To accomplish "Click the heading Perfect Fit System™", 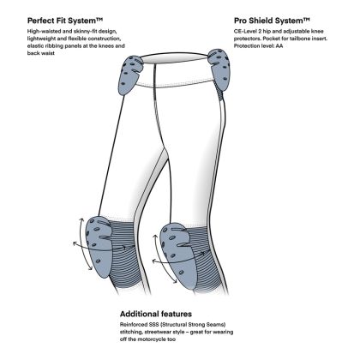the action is coord(65,21).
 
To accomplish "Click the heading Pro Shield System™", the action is coord(272,21).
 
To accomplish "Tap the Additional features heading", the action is coord(156,314).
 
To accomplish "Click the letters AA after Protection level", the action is coord(279,45).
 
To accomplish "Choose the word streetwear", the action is coord(158,332).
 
